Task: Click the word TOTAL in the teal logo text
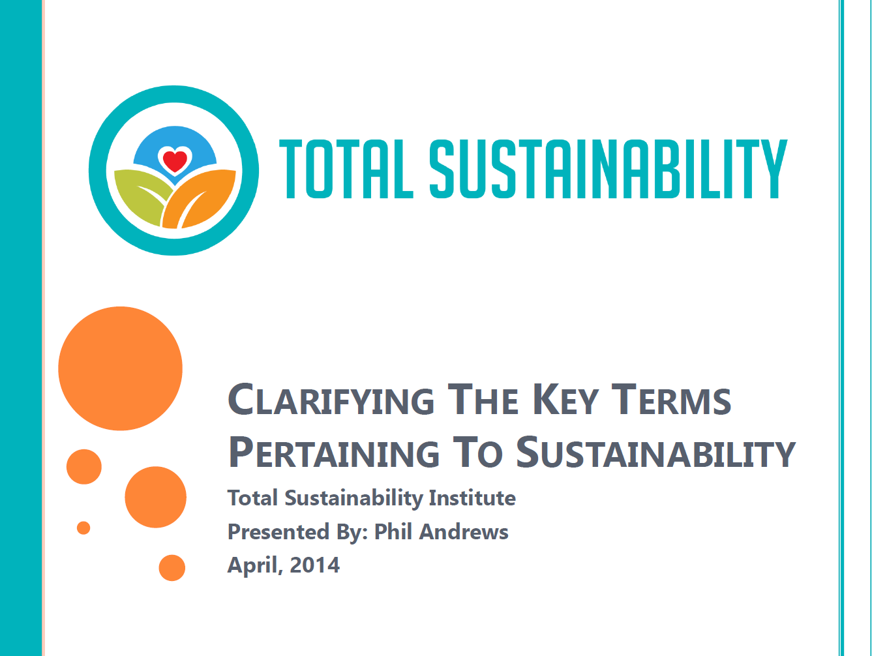click(346, 169)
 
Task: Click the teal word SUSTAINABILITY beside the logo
click(609, 169)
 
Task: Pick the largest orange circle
click(121, 368)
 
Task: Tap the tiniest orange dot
click(83, 528)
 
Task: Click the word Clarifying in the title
click(331, 400)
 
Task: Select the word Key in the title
click(565, 400)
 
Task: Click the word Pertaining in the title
click(335, 452)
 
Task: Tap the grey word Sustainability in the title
click(656, 452)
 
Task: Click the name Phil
click(393, 531)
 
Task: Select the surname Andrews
click(464, 531)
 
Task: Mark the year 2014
click(314, 565)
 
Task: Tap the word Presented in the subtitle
click(278, 531)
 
